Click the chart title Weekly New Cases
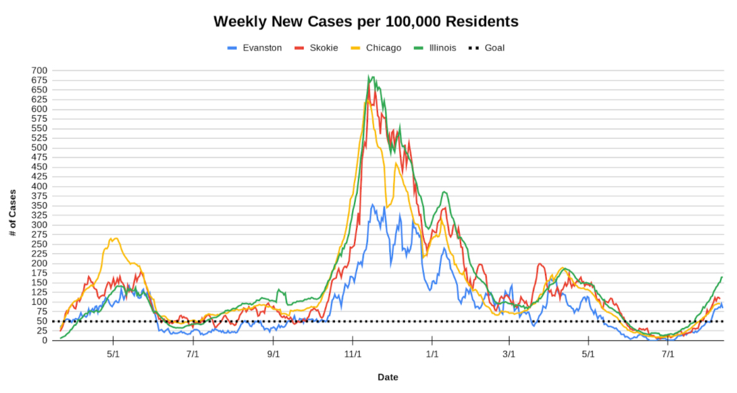point(366,21)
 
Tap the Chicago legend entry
point(383,48)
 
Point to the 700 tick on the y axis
point(40,71)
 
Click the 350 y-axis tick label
point(40,205)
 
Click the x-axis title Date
point(387,377)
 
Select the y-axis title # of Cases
point(13,213)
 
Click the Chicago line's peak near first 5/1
point(113,238)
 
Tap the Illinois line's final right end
point(722,277)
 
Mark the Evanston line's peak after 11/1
point(372,204)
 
